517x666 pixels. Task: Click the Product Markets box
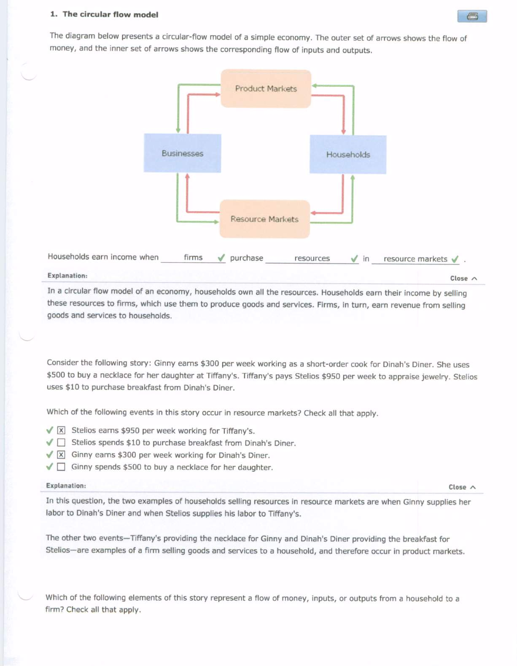point(266,89)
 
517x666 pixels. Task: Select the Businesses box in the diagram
point(182,153)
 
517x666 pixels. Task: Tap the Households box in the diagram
point(348,154)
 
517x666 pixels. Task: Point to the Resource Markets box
point(264,219)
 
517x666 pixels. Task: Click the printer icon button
point(472,16)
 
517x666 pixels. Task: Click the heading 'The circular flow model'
point(110,14)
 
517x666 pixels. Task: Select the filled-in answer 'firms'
point(193,257)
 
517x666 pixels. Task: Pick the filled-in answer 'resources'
point(312,258)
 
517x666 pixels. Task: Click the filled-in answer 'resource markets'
point(415,259)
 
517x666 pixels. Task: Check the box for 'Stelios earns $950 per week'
point(61,430)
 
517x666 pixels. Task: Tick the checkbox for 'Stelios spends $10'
point(61,443)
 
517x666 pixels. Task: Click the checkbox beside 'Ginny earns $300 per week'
point(61,454)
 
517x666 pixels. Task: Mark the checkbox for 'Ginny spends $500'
point(61,467)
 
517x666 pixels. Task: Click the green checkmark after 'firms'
point(221,258)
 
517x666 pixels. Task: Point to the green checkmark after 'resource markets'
point(455,259)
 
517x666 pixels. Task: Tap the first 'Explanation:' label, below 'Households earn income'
point(67,276)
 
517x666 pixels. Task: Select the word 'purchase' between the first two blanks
point(247,258)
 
